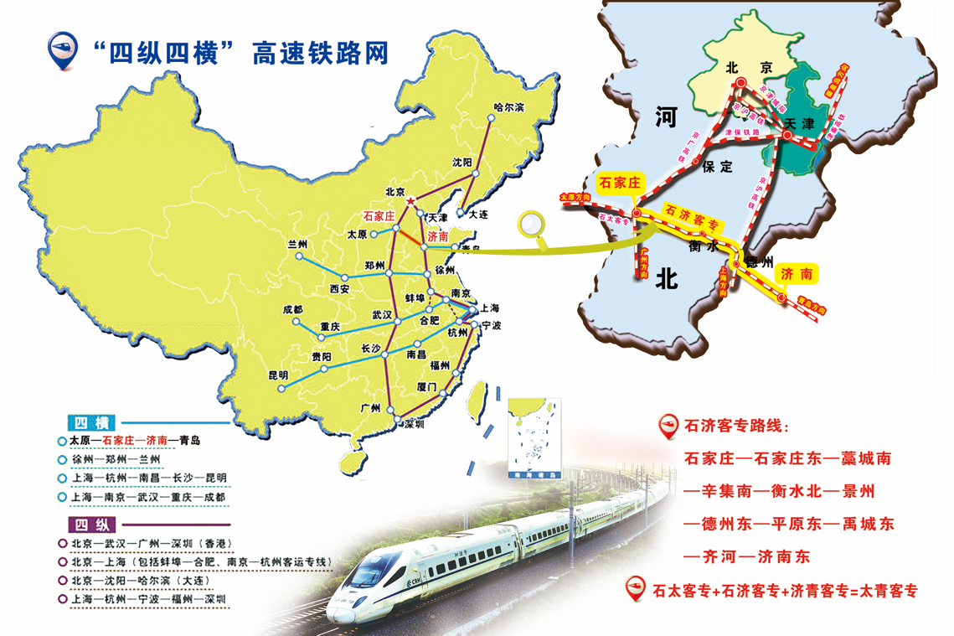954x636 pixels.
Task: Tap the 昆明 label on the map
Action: (x=277, y=375)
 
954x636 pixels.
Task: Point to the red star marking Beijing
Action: (x=410, y=203)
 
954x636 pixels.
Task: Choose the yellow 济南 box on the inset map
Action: (x=795, y=274)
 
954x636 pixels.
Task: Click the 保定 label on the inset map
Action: (x=718, y=166)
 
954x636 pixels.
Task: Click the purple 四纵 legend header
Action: (x=87, y=525)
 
